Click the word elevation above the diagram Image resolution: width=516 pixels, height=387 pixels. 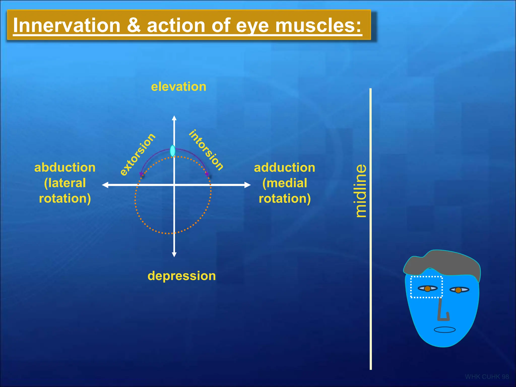click(x=178, y=87)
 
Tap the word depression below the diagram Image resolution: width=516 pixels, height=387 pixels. click(x=181, y=276)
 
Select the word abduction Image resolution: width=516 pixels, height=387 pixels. click(x=65, y=168)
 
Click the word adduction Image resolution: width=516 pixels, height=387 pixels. click(x=284, y=168)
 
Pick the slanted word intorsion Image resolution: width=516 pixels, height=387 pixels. click(x=206, y=150)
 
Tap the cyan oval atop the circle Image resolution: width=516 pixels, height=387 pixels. click(x=173, y=151)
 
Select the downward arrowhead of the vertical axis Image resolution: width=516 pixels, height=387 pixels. click(x=174, y=254)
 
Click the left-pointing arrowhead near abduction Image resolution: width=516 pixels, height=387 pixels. click(x=105, y=185)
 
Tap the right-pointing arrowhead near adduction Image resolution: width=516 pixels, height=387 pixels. click(x=247, y=185)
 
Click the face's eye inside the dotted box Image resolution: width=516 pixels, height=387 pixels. click(x=428, y=288)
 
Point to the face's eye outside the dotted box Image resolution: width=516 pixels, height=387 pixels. click(x=459, y=290)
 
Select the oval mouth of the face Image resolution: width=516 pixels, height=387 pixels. click(x=445, y=330)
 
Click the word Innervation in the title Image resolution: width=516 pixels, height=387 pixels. click(x=67, y=26)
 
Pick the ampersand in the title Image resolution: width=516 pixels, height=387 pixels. click(x=134, y=26)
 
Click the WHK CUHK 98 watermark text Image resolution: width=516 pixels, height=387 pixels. click(x=487, y=377)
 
